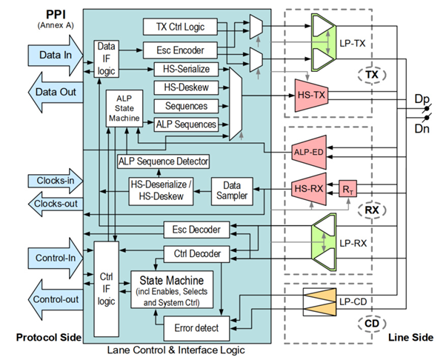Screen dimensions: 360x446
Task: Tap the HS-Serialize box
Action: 185,70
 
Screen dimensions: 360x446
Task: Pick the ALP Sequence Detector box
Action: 163,161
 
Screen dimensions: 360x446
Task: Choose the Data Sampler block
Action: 233,190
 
